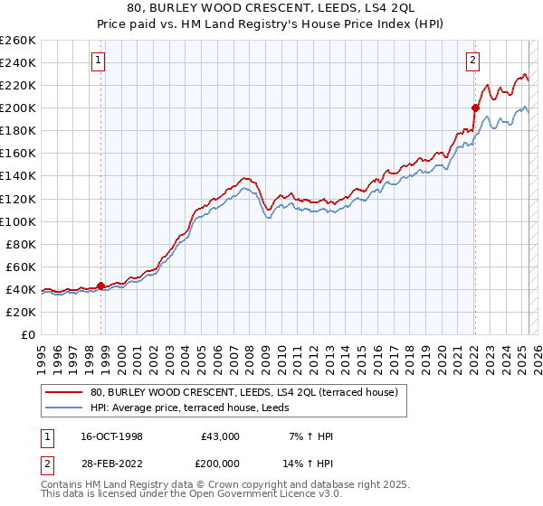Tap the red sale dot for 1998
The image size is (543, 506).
tap(100, 286)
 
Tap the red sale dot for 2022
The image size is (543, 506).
tap(474, 108)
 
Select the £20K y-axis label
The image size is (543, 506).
tap(21, 312)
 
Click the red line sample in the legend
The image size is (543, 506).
tap(64, 392)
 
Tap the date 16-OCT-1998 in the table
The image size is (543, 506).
tap(111, 436)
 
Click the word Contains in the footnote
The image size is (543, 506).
tap(63, 486)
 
